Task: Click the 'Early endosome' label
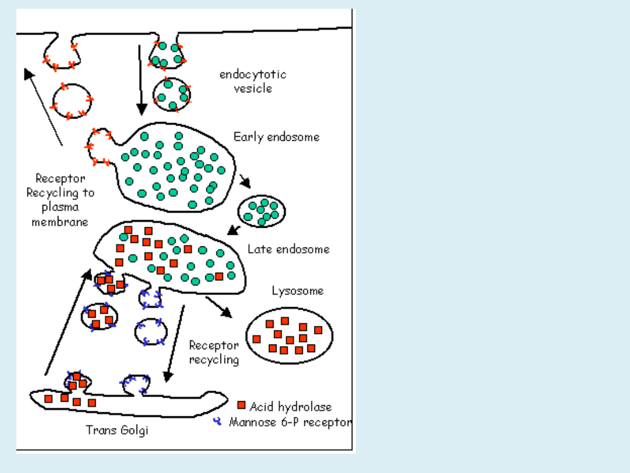point(276,138)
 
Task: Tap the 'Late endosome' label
point(288,249)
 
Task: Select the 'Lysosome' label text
point(297,291)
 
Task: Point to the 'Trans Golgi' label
point(117,430)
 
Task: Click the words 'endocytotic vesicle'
point(253,82)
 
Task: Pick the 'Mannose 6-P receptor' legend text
point(290,422)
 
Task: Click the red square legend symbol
point(242,405)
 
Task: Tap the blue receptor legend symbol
point(218,420)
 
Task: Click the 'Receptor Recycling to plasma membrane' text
point(60,200)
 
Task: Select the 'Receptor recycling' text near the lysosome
point(214,352)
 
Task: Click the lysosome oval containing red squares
point(289,335)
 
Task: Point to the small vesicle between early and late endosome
point(261,211)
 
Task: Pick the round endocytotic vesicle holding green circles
point(172,94)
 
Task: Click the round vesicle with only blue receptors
point(151,331)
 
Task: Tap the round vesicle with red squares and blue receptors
point(100,316)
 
